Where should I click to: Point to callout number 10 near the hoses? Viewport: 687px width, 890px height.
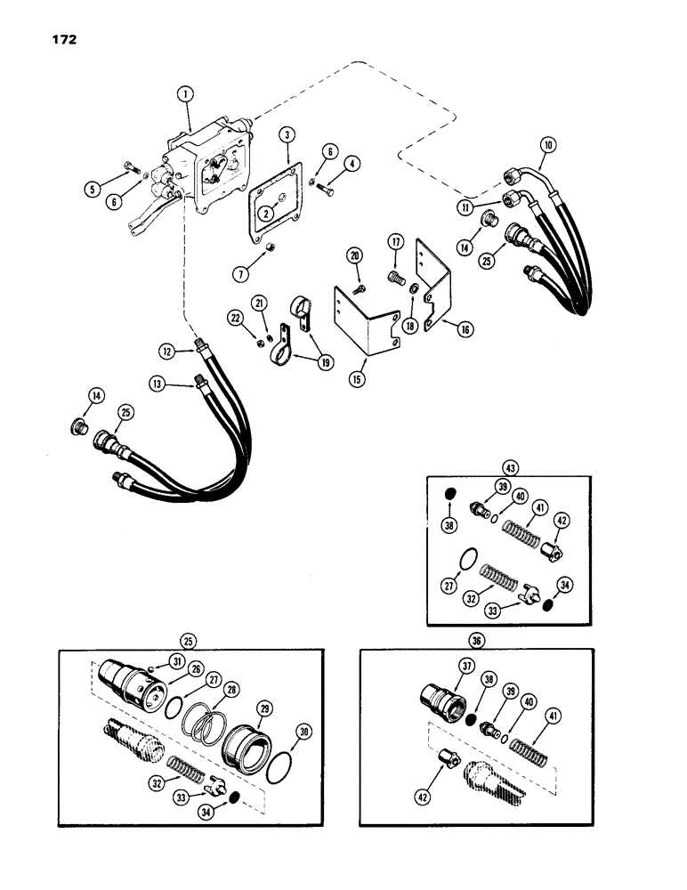[x=547, y=143]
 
